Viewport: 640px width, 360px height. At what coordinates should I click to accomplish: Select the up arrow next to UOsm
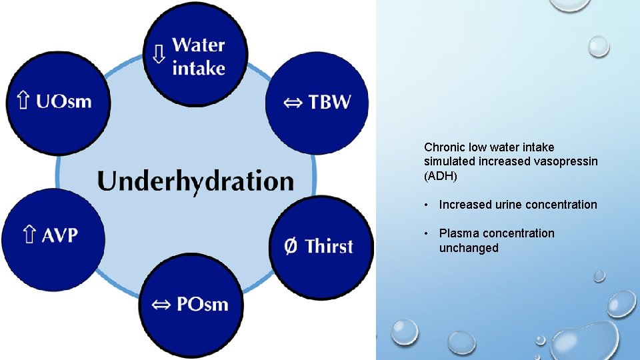click(23, 101)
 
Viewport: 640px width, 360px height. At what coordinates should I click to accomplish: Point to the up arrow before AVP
click(29, 235)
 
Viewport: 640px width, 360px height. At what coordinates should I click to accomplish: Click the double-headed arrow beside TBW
click(293, 103)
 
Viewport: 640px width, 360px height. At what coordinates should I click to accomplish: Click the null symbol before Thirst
click(291, 246)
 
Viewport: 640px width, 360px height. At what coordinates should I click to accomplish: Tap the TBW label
click(329, 103)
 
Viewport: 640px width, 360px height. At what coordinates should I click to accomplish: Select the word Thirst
click(329, 246)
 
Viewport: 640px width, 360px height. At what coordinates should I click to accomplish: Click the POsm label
click(202, 305)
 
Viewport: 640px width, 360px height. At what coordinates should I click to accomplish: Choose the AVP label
click(61, 235)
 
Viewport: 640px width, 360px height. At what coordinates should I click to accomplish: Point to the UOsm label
click(63, 101)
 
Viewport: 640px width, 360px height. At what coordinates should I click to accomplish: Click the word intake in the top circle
click(198, 68)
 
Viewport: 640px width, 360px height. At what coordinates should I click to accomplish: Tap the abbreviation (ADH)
click(440, 176)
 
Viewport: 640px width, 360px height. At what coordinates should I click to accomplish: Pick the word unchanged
click(468, 248)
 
